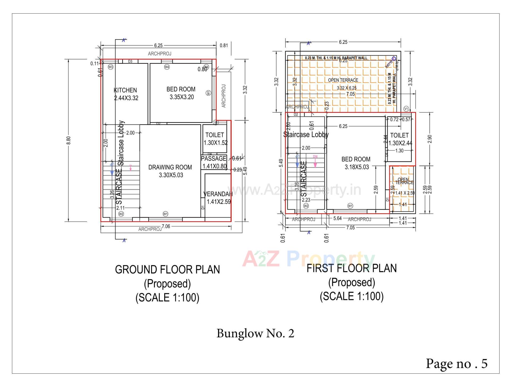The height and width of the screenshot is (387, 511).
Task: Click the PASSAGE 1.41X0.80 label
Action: [x=214, y=162]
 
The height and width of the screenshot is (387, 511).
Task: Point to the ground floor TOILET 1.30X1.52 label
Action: [x=215, y=139]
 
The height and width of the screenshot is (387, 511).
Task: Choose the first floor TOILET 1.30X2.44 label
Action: [x=399, y=139]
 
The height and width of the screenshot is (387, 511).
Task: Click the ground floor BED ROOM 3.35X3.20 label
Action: [x=181, y=93]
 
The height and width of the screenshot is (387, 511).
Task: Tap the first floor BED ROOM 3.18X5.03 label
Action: [x=356, y=163]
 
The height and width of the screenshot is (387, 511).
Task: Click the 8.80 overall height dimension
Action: [x=68, y=140]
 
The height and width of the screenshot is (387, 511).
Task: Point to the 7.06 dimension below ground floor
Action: [x=166, y=226]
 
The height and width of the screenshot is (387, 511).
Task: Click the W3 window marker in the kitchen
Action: [x=110, y=67]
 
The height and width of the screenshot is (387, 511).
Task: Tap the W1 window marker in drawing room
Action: [x=165, y=214]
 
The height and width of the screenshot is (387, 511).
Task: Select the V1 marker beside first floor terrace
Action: [x=406, y=109]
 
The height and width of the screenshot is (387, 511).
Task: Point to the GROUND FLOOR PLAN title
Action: [x=167, y=270]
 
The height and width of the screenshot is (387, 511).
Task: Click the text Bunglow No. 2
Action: [x=255, y=333]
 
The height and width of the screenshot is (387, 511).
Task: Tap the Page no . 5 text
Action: [x=456, y=363]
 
